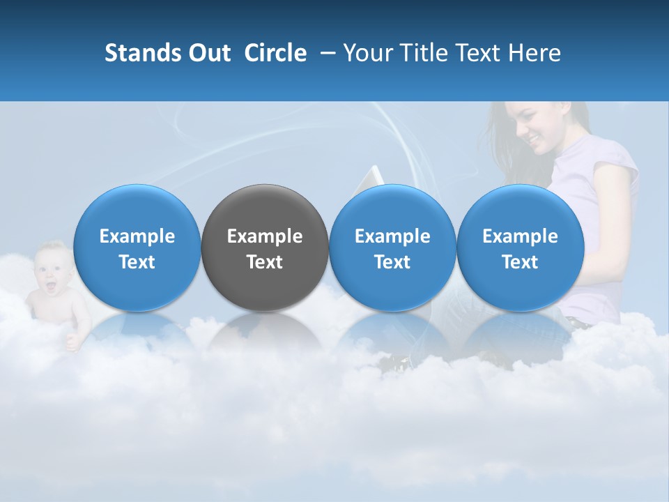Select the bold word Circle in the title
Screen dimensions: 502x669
coord(275,53)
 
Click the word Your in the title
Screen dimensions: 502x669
coord(365,53)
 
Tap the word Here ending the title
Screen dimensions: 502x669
coord(535,53)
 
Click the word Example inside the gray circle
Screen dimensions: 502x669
coord(265,236)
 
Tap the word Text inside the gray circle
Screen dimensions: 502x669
coord(265,262)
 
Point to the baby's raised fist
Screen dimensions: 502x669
coord(72,341)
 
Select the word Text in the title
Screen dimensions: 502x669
coord(475,53)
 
